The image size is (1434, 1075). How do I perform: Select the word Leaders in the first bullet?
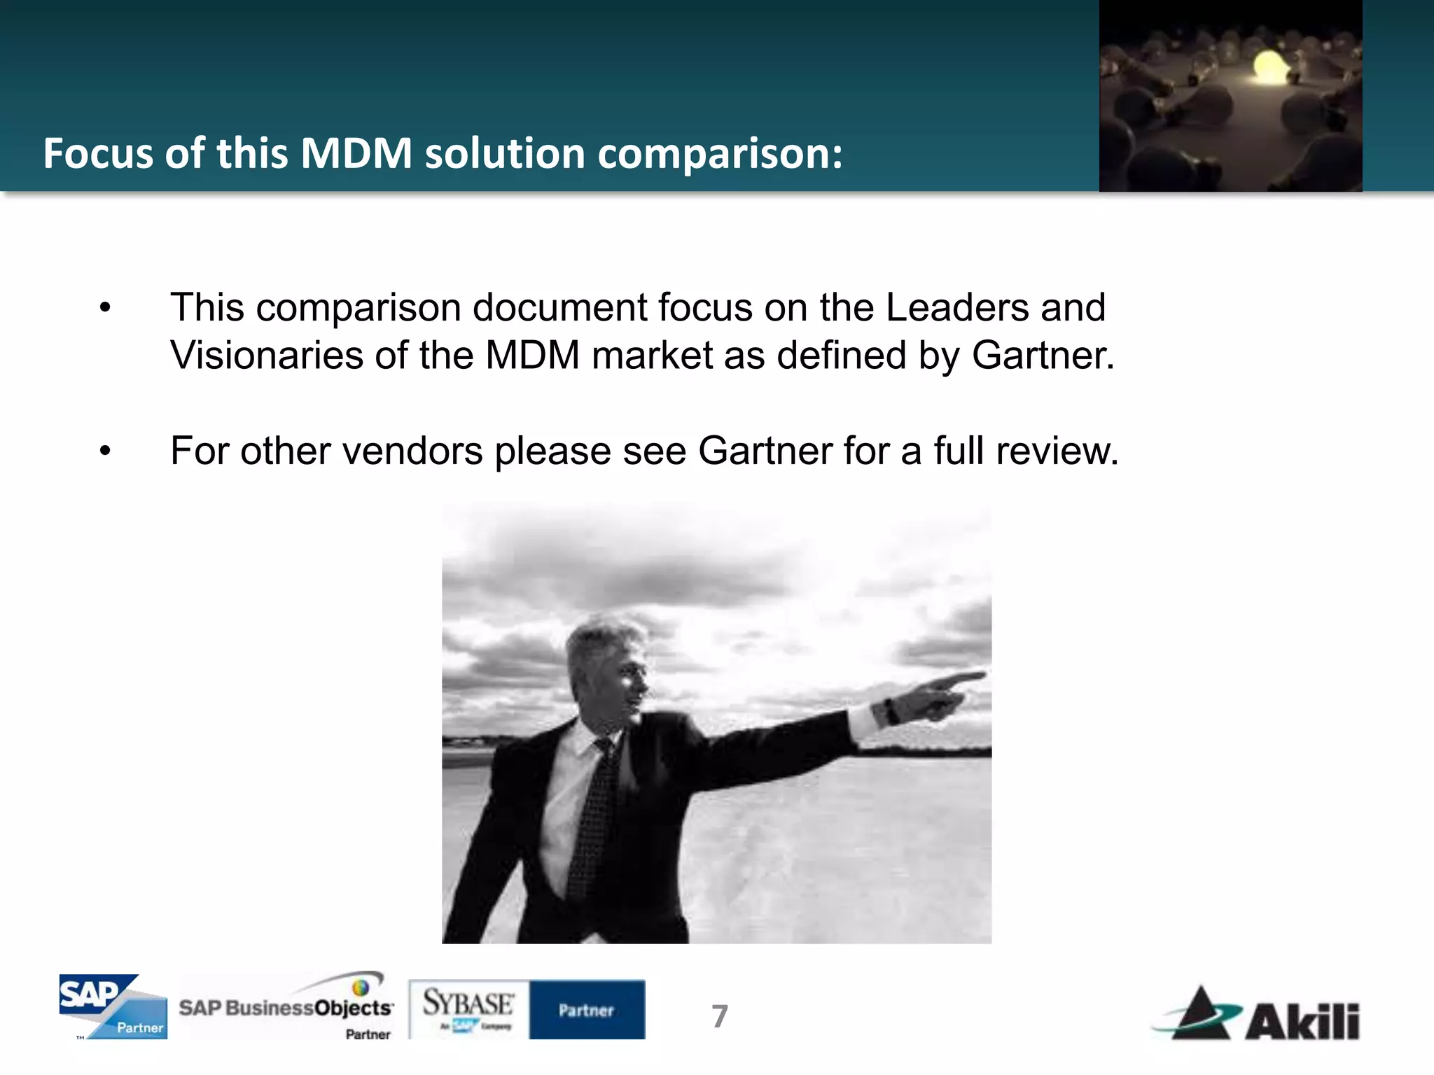click(956, 308)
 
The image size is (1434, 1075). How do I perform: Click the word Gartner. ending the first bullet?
click(1043, 355)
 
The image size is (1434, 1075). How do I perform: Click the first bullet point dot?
click(105, 308)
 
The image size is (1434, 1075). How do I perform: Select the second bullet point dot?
click(105, 451)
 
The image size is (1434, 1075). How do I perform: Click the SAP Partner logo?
click(113, 1006)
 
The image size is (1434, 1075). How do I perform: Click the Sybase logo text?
click(468, 1004)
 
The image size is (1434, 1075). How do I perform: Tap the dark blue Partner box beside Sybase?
click(587, 1009)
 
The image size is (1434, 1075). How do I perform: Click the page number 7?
click(720, 1016)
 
